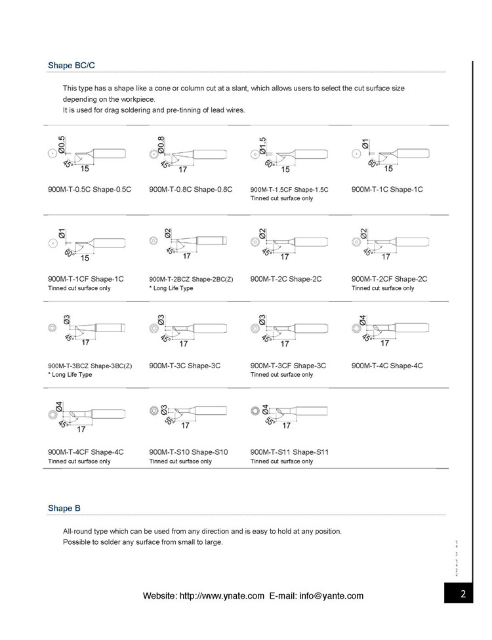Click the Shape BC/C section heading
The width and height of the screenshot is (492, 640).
coord(73,66)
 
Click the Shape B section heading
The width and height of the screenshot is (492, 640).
coord(64,508)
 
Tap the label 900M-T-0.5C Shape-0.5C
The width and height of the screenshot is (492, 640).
coord(90,190)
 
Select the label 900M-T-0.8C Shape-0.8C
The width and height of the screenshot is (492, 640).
coord(191,190)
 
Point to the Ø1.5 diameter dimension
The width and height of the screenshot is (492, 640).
coord(262,144)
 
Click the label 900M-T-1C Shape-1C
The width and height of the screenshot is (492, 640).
coord(387,190)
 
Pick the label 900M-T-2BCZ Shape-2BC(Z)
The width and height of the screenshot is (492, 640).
coord(191,279)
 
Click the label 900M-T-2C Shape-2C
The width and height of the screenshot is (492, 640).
coord(286,279)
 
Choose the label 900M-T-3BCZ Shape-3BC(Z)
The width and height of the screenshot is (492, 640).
coord(90,366)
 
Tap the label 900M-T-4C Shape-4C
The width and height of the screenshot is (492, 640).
coord(387,366)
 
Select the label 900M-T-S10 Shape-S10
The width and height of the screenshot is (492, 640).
coord(188,452)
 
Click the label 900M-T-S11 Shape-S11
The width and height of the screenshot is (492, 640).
coord(289,452)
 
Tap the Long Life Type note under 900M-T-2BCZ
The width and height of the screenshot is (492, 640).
coord(171,288)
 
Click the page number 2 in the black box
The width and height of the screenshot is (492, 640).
coord(463,595)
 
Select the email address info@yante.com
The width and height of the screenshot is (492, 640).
coord(331,596)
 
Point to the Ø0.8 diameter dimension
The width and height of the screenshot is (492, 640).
coord(161,143)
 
